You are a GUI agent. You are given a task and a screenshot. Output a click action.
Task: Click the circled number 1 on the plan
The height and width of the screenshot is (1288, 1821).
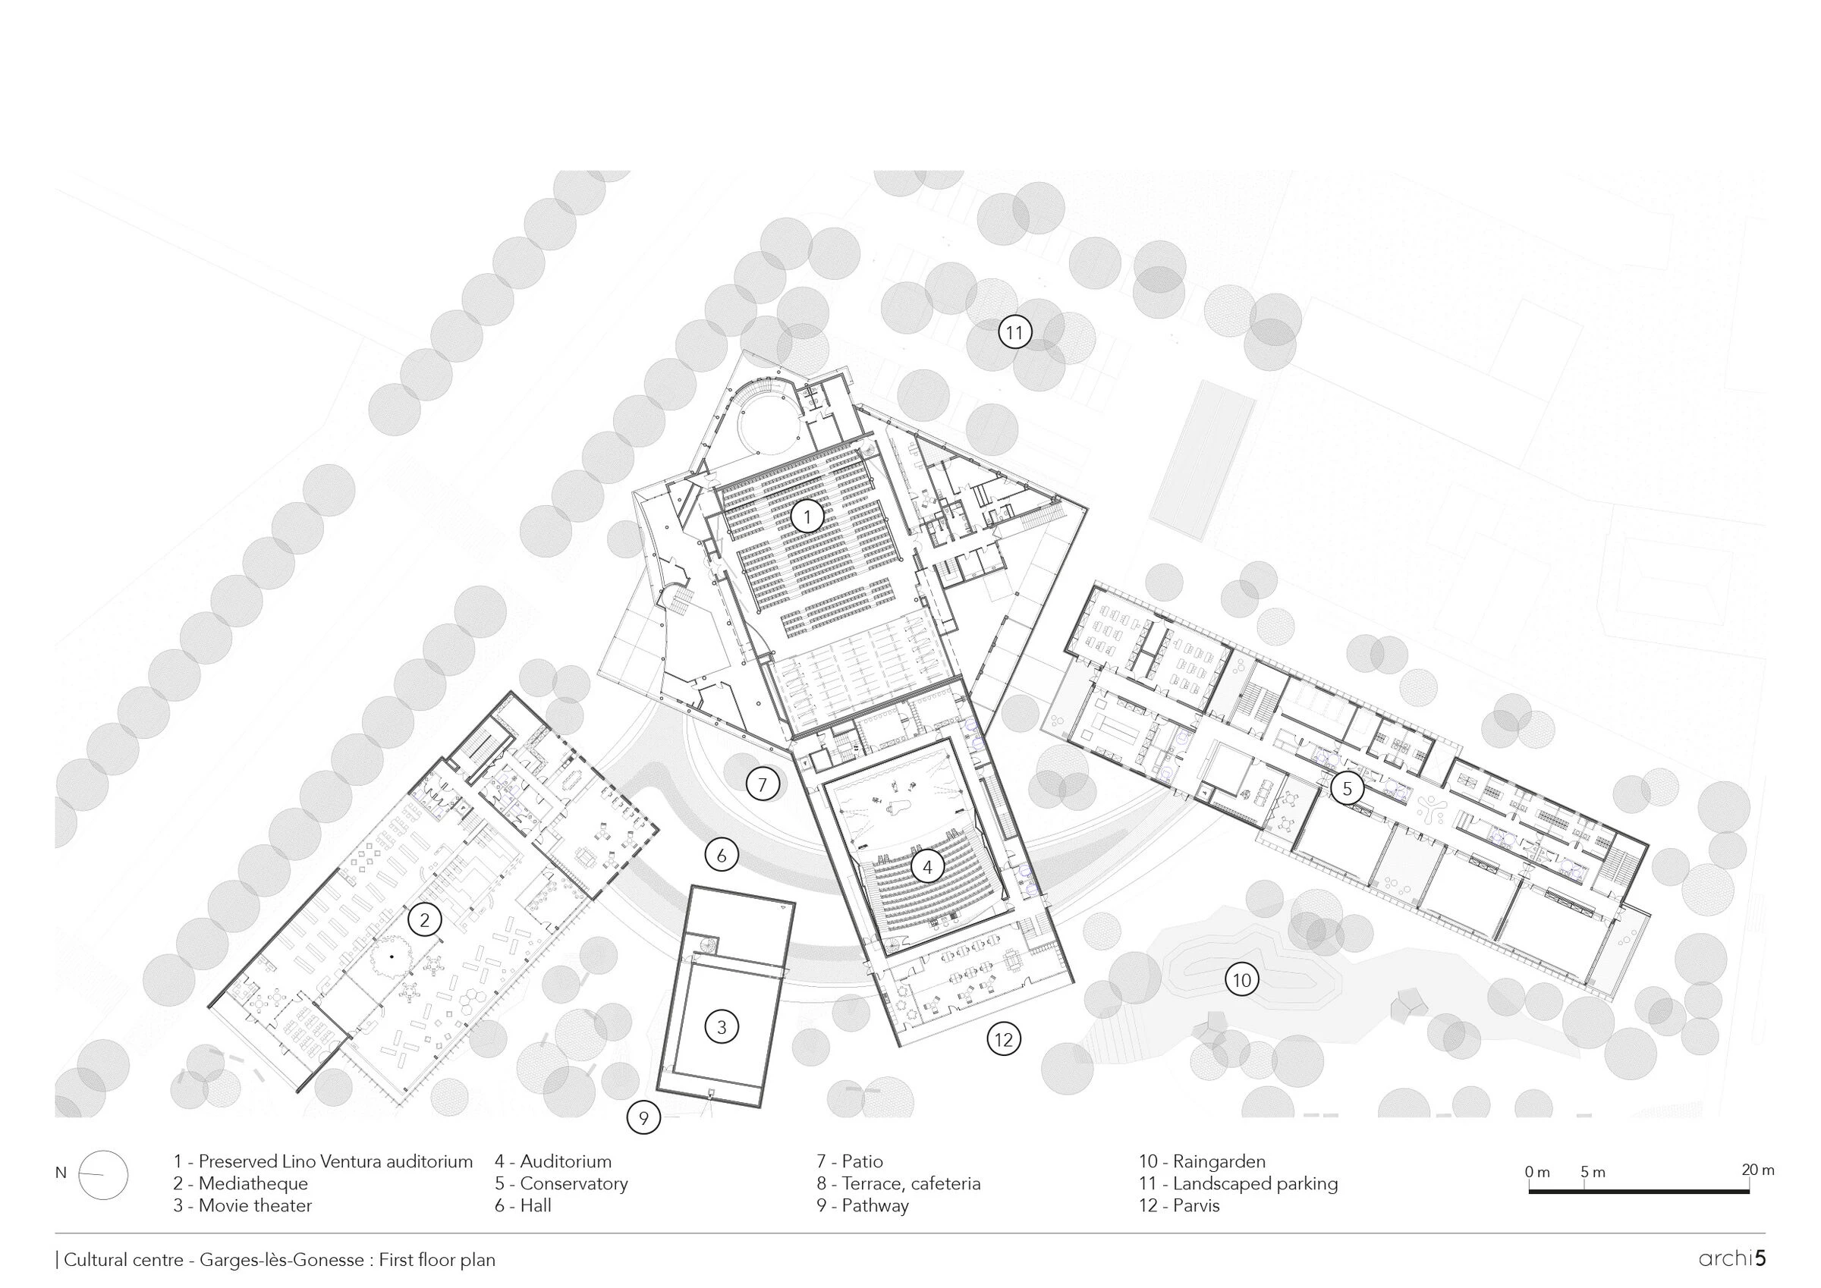coord(807,518)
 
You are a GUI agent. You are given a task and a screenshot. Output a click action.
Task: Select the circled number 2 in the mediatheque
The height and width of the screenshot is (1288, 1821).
coord(424,920)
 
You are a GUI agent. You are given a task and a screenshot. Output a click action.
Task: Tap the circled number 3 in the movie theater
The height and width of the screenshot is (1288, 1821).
coord(721,1027)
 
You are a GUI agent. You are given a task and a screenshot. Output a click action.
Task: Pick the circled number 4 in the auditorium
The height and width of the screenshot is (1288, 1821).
coord(926,868)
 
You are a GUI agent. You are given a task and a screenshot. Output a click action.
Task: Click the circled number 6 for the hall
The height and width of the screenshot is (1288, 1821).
coord(721,856)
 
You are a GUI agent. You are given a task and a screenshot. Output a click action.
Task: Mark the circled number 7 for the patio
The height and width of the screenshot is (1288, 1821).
coord(763,785)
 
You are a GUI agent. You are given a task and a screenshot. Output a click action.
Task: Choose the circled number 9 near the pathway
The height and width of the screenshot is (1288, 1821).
coord(643,1118)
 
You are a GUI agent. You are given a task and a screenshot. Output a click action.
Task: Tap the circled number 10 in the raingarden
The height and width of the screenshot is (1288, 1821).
coord(1241,980)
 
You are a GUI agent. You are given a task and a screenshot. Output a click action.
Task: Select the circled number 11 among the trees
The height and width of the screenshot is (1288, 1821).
coord(1014,333)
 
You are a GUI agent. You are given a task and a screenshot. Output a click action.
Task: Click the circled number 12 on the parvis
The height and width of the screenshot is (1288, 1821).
coord(1003,1039)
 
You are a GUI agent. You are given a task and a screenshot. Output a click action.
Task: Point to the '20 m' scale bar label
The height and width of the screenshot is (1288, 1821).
coord(1757,1170)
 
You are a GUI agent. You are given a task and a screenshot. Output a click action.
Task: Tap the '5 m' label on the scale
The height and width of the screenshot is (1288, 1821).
coord(1592,1171)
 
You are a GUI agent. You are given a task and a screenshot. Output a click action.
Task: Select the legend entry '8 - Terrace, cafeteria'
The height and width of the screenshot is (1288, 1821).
coord(898,1183)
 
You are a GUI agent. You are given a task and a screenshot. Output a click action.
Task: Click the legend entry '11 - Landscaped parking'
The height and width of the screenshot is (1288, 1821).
coord(1238,1183)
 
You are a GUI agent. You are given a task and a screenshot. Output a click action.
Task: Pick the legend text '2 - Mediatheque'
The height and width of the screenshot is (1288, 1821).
coord(241,1183)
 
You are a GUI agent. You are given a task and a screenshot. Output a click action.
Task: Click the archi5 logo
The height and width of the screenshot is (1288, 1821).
coord(1731,1258)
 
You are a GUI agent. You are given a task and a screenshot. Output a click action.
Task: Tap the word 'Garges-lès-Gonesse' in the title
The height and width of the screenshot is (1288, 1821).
coord(281,1259)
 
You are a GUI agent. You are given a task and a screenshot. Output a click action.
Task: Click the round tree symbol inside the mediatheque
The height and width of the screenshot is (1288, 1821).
coord(391,958)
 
